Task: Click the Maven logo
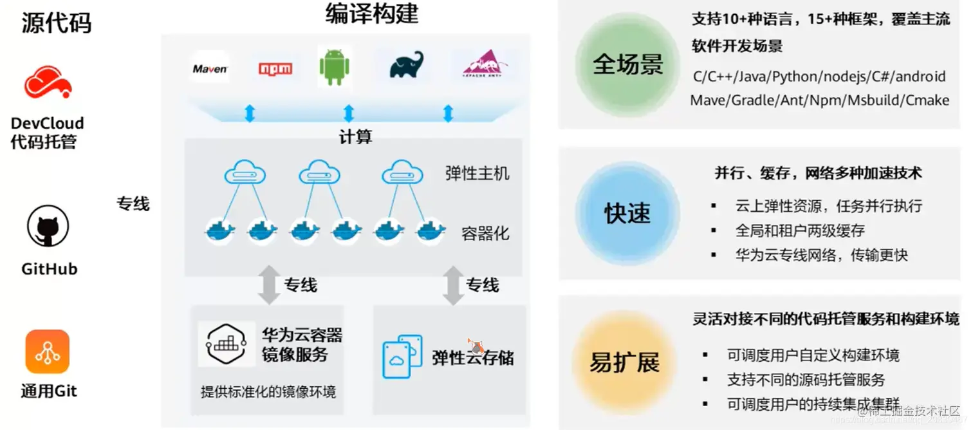click(x=210, y=69)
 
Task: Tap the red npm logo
click(x=275, y=69)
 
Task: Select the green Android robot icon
click(x=334, y=66)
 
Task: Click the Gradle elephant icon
click(x=407, y=65)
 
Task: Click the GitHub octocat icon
click(x=48, y=227)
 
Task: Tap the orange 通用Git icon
click(x=48, y=351)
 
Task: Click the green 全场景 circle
click(x=627, y=64)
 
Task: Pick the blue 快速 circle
click(x=627, y=213)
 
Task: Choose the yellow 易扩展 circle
click(x=625, y=362)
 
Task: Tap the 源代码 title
click(x=56, y=23)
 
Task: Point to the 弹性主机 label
click(x=477, y=173)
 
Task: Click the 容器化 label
click(x=485, y=232)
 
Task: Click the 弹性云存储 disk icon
click(x=402, y=357)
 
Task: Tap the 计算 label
click(x=355, y=136)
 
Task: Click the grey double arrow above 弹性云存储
click(x=453, y=285)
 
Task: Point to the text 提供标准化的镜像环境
click(x=268, y=391)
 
